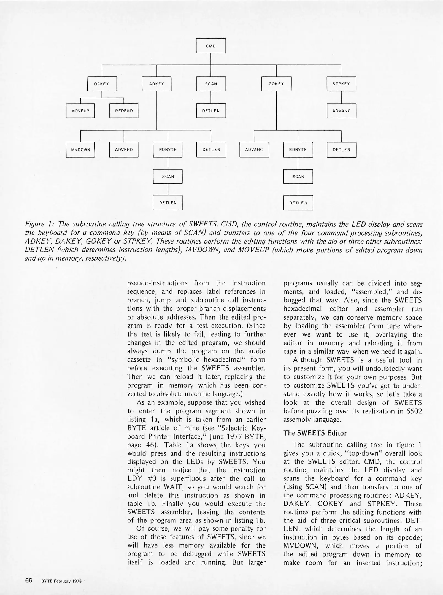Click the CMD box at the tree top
211,46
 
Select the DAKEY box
102,84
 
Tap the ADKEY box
156,84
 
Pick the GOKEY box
276,84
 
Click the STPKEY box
341,84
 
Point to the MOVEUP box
80,111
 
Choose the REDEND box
124,111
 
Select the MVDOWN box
80,150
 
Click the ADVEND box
124,150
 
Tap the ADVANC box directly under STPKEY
341,111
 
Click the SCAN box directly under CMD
211,84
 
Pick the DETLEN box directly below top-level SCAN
211,111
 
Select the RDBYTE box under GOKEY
298,150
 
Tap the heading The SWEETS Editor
315,433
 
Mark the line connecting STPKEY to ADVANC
341,97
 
